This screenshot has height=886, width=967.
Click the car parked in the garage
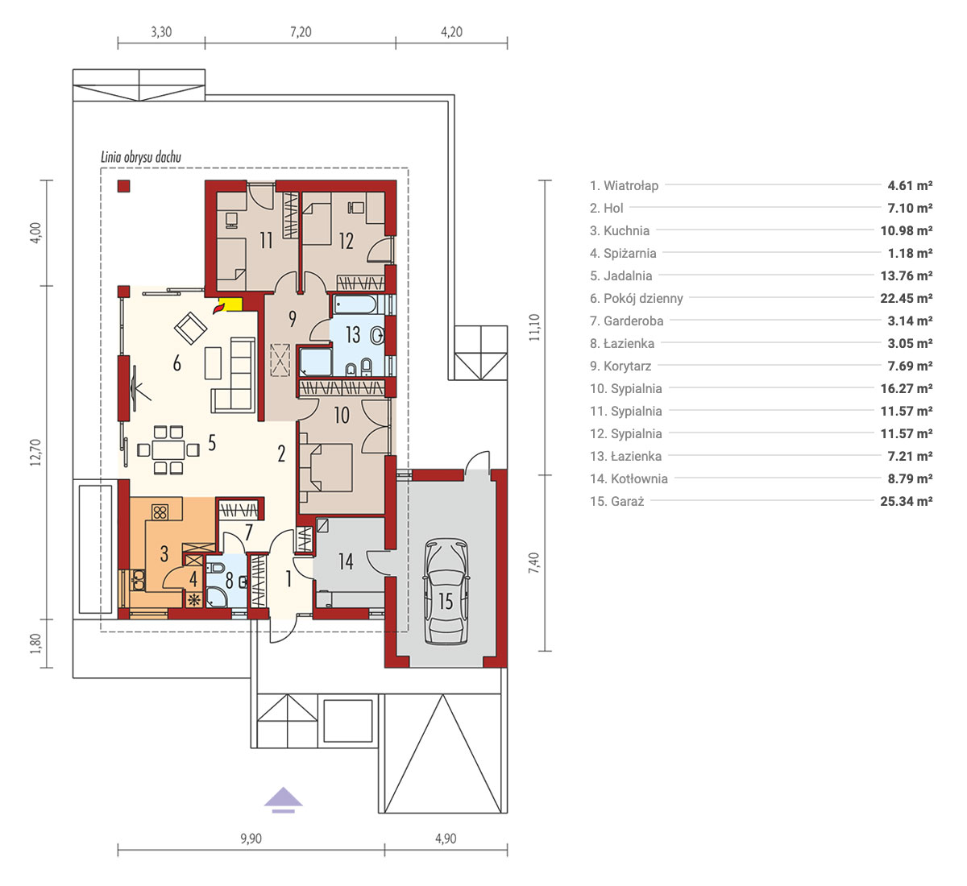click(446, 591)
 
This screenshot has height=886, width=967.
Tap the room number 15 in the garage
click(446, 601)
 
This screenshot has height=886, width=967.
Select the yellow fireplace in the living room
click(229, 304)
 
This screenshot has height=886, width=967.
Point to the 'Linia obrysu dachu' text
click(141, 157)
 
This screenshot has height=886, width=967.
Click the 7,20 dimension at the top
click(301, 32)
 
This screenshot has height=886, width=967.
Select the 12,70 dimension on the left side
click(35, 452)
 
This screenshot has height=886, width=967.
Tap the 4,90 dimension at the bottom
click(446, 838)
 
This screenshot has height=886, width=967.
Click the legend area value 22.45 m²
click(907, 298)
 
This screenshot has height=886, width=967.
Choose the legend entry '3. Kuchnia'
click(620, 231)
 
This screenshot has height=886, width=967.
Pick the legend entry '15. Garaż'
click(617, 502)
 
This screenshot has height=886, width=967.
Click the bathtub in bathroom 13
click(355, 304)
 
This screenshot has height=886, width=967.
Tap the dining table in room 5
click(168, 450)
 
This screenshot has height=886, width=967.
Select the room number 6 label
click(177, 363)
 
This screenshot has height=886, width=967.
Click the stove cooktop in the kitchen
click(160, 512)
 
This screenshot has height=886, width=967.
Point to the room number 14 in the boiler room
click(346, 561)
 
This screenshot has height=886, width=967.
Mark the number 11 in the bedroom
click(266, 240)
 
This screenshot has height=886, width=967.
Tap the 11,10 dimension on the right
click(534, 327)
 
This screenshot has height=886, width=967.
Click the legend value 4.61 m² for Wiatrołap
click(910, 185)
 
